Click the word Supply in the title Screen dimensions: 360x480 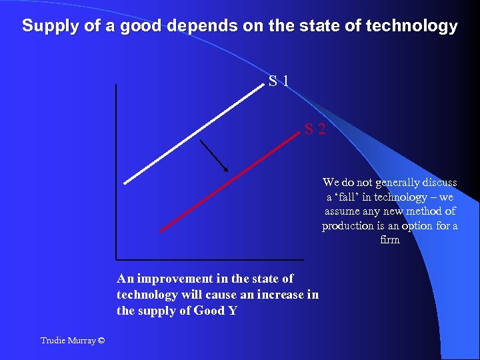tap(45, 26)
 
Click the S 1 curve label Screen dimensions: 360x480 tap(279, 82)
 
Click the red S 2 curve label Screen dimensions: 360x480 tap(315, 129)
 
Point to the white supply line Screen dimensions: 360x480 tap(193, 133)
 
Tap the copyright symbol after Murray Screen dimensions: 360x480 tap(100, 341)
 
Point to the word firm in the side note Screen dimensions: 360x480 tap(389, 240)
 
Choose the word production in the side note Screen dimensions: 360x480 tap(348, 226)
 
